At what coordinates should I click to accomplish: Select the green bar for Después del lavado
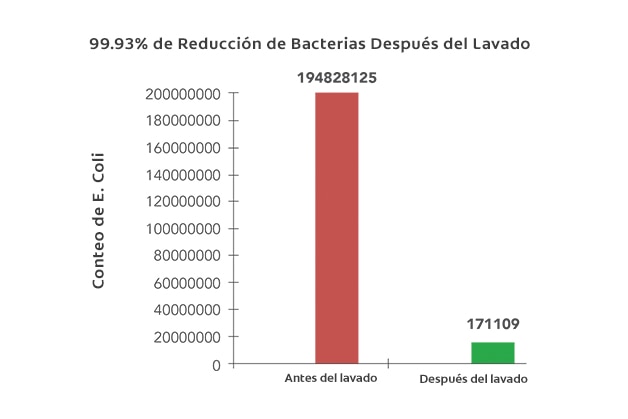pyautogui.click(x=493, y=353)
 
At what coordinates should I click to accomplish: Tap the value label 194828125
pyautogui.click(x=336, y=77)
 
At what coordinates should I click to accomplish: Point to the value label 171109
pyautogui.click(x=493, y=324)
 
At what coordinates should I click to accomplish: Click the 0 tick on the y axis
pyautogui.click(x=216, y=365)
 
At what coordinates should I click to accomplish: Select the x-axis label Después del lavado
pyautogui.click(x=472, y=381)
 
